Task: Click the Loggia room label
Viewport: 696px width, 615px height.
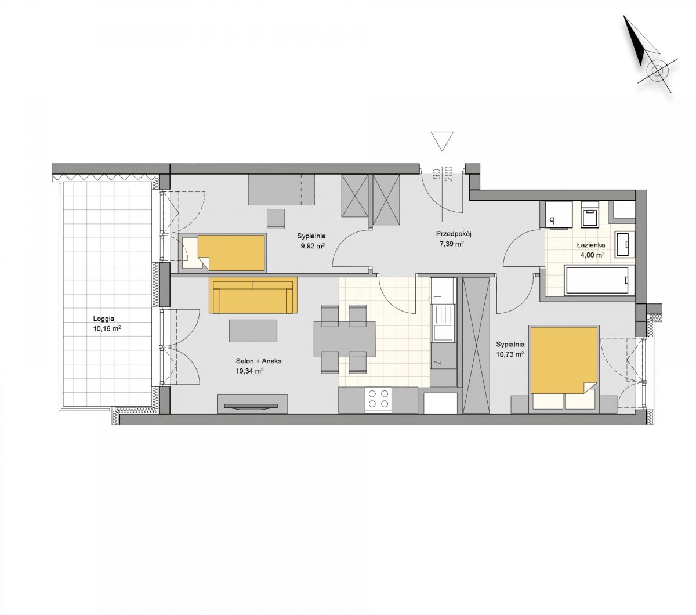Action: click(103, 319)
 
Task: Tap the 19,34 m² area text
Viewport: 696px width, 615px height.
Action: click(249, 371)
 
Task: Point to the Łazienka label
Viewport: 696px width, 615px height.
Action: click(591, 245)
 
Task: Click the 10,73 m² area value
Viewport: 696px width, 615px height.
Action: click(510, 354)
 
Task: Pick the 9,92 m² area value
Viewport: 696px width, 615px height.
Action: click(313, 246)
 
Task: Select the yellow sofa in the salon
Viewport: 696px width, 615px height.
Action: click(253, 295)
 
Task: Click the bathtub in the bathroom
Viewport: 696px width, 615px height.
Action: click(599, 280)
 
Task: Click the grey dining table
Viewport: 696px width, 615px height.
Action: click(345, 339)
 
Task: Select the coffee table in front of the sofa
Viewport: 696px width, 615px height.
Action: click(253, 331)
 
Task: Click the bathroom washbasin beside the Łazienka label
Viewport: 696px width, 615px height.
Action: click(625, 245)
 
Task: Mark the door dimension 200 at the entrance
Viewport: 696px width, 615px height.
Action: click(450, 174)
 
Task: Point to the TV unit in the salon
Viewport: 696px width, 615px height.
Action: click(252, 404)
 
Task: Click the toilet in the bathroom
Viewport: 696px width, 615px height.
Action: click(589, 215)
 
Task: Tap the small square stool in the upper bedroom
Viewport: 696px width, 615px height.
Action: click(276, 219)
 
